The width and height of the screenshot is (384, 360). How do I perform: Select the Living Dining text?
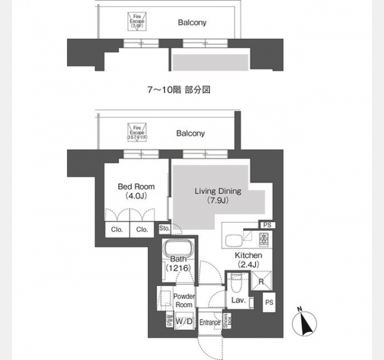point(217,191)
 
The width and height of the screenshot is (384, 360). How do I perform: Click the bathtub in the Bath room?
point(176,249)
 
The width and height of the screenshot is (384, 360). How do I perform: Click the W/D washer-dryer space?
point(183,322)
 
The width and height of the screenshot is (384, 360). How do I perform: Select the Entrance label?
point(210,322)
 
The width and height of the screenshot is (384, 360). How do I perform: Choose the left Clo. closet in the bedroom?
point(116,229)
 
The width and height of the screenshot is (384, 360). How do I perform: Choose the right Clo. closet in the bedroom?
point(142,229)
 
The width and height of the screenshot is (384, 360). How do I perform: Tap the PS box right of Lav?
point(269,303)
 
